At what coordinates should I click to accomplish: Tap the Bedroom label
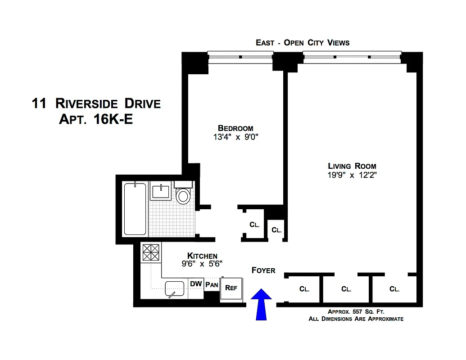pyautogui.click(x=235, y=128)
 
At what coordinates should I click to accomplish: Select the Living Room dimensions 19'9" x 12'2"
pyautogui.click(x=352, y=175)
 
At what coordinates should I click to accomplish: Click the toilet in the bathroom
pyautogui.click(x=183, y=194)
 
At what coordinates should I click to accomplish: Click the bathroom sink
pyautogui.click(x=161, y=192)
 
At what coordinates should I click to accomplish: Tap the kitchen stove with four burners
pyautogui.click(x=151, y=252)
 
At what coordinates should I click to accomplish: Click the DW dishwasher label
pyautogui.click(x=195, y=284)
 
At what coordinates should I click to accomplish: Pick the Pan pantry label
pyautogui.click(x=212, y=285)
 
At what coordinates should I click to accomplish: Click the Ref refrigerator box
pyautogui.click(x=231, y=288)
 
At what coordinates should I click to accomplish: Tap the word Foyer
pyautogui.click(x=263, y=270)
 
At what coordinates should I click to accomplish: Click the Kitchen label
pyautogui.click(x=202, y=256)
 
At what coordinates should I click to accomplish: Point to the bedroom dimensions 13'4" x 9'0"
pyautogui.click(x=235, y=137)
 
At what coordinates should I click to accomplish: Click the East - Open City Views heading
pyautogui.click(x=303, y=43)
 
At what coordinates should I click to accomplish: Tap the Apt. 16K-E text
pyautogui.click(x=96, y=120)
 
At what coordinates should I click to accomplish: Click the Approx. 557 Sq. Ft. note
pyautogui.click(x=356, y=311)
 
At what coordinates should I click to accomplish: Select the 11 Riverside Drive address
pyautogui.click(x=96, y=103)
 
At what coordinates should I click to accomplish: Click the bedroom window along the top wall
pyautogui.click(x=240, y=57)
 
